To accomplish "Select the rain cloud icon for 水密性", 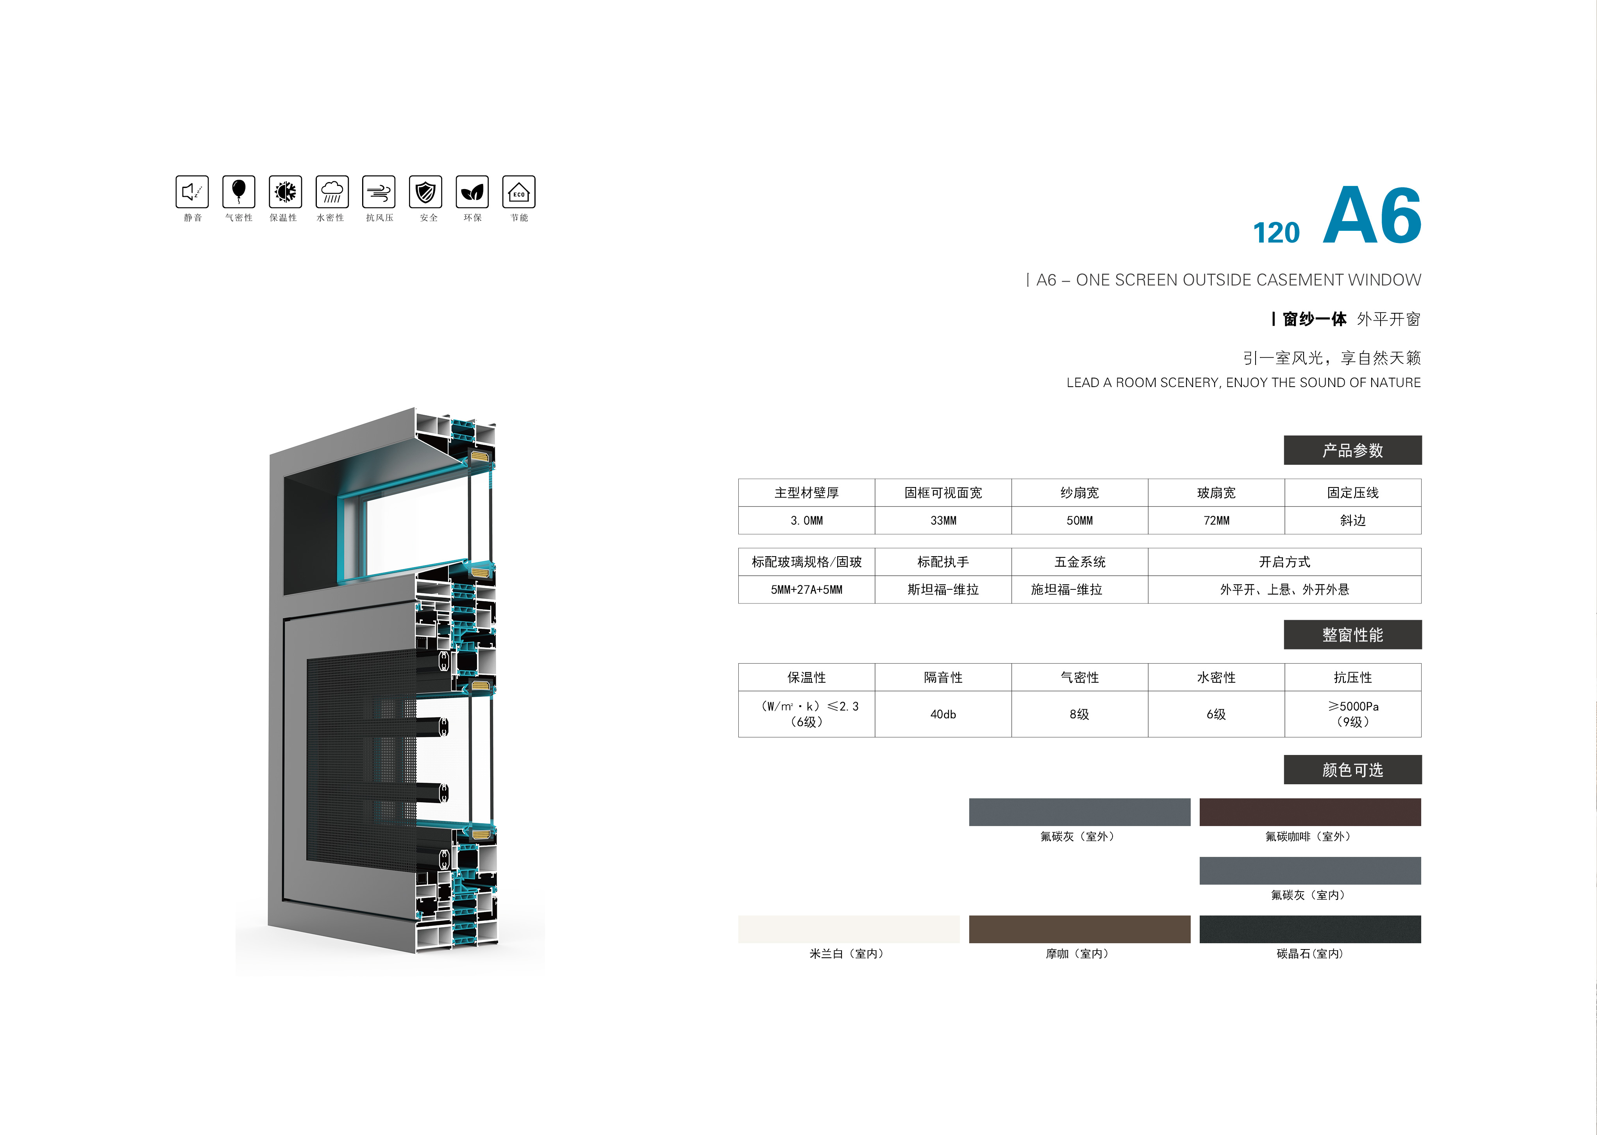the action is pyautogui.click(x=332, y=191).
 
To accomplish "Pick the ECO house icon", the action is pyautogui.click(x=518, y=191).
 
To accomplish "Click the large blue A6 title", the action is pyautogui.click(x=1372, y=215).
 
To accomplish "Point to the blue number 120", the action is pyautogui.click(x=1276, y=233).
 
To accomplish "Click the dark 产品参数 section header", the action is pyautogui.click(x=1352, y=450).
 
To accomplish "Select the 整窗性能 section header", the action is pyautogui.click(x=1352, y=635).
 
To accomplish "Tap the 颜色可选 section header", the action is pyautogui.click(x=1352, y=769).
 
